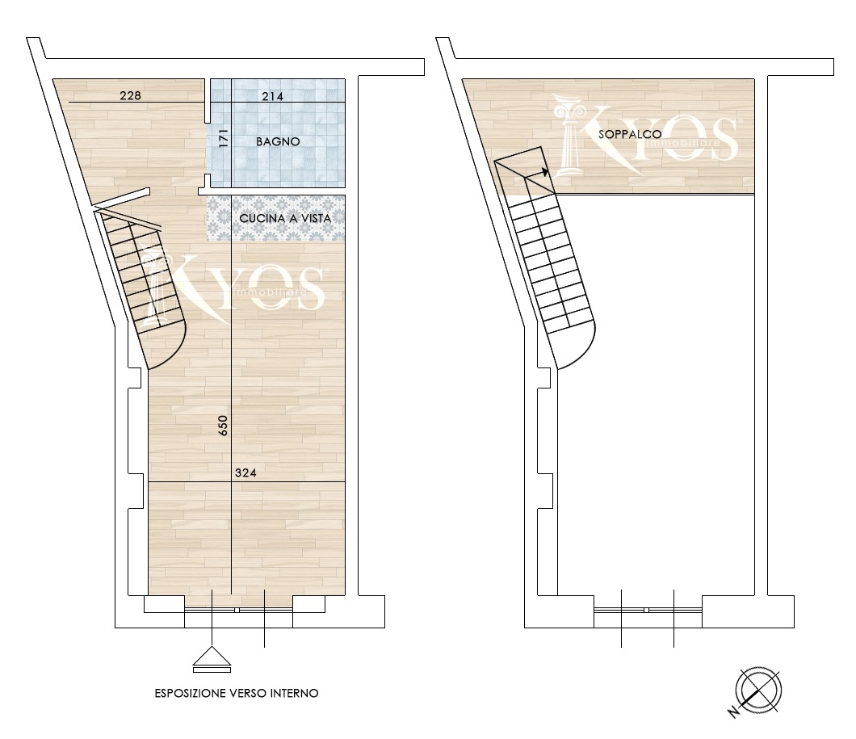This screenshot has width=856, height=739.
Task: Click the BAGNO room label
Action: coord(278,142)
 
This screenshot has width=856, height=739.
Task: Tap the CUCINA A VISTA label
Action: coord(285,218)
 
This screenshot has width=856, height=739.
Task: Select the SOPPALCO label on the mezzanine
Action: coord(629,134)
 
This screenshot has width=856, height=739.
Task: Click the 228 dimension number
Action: coord(131,95)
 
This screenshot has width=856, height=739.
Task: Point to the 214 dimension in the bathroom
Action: coord(272,97)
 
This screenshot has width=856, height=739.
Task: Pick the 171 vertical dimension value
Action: coord(223,138)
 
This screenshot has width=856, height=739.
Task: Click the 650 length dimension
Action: coord(223,425)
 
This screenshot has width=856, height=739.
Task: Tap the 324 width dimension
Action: coord(245,473)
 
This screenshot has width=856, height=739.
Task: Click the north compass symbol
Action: coord(759,690)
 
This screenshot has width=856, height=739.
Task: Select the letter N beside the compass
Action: coord(732,712)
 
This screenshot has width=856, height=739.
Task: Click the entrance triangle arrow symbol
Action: coord(212,659)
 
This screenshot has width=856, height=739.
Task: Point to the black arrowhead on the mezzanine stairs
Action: coord(544,173)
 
